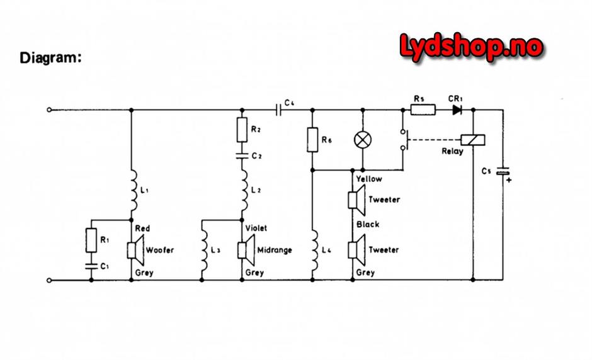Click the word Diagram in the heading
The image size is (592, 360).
pyautogui.click(x=51, y=59)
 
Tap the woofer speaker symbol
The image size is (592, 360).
pyautogui.click(x=135, y=250)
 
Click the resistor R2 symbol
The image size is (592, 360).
pyautogui.click(x=241, y=130)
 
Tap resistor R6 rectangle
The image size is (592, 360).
pyautogui.click(x=312, y=140)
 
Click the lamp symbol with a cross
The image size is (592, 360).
pyautogui.click(x=362, y=140)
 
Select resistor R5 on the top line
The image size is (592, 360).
pyautogui.click(x=422, y=110)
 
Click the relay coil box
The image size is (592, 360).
pyautogui.click(x=472, y=140)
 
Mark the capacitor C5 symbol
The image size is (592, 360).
pyautogui.click(x=503, y=172)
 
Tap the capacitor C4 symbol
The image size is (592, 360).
pyautogui.click(x=279, y=110)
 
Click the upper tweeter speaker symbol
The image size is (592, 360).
pyautogui.click(x=355, y=200)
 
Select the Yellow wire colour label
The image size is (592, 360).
pyautogui.click(x=368, y=179)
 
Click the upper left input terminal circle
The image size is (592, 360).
pyautogui.click(x=49, y=110)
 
